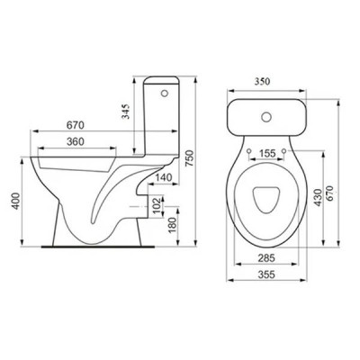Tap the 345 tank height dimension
[127, 112]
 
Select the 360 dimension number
[75, 141]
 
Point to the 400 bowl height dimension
[16, 201]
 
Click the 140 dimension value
[164, 177]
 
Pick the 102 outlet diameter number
[157, 205]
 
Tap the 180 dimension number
[172, 225]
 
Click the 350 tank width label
[263, 81]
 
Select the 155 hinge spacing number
[266, 153]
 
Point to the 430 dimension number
[318, 197]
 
